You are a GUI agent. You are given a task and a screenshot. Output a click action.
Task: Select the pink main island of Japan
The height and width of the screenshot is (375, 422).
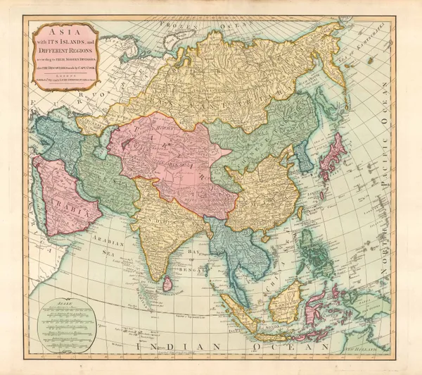click(x=332, y=159)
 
